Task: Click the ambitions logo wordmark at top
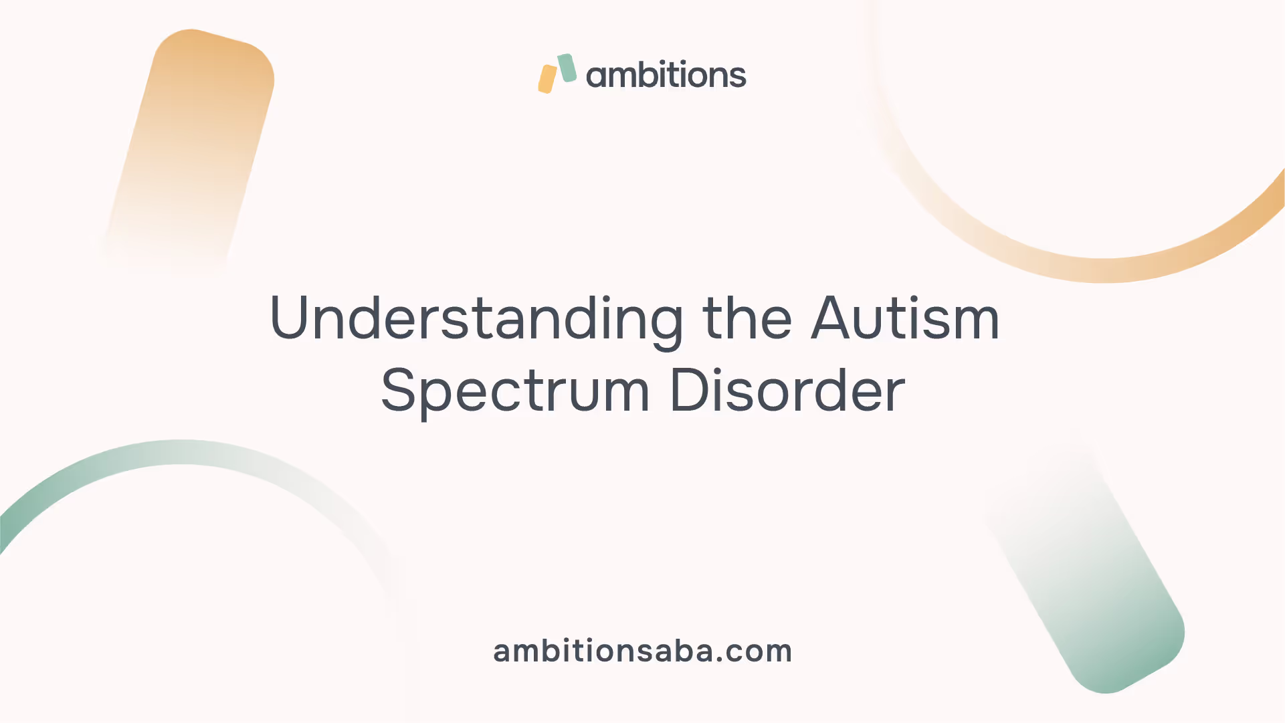(x=666, y=74)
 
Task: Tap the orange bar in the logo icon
(x=547, y=79)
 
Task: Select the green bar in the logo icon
(x=567, y=68)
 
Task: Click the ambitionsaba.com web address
(x=643, y=651)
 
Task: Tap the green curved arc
(x=181, y=452)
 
